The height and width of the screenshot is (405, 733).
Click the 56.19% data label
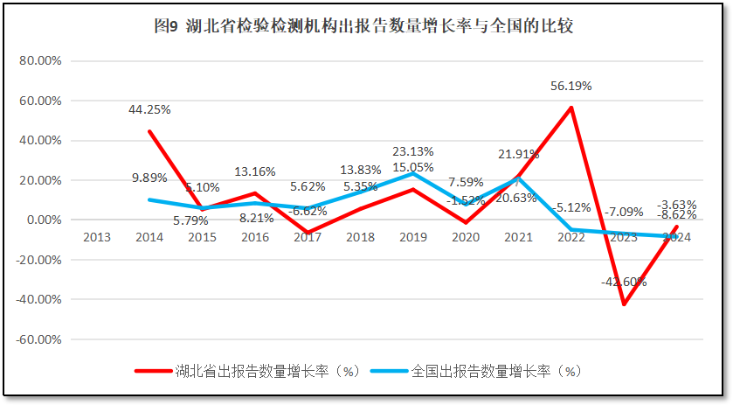tap(570, 86)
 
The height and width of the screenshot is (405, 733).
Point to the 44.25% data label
tap(149, 109)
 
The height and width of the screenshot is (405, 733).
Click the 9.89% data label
tap(149, 178)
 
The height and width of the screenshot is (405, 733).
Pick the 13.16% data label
tap(255, 171)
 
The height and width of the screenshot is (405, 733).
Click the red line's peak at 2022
tap(570, 108)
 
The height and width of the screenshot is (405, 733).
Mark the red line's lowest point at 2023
tap(624, 304)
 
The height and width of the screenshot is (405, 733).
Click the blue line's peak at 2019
tap(412, 173)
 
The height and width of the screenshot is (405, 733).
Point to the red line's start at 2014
tap(149, 131)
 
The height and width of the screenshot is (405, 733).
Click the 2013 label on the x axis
tap(96, 237)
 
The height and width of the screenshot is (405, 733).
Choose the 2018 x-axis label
tap(360, 237)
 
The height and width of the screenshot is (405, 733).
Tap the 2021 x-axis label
tap(518, 237)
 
